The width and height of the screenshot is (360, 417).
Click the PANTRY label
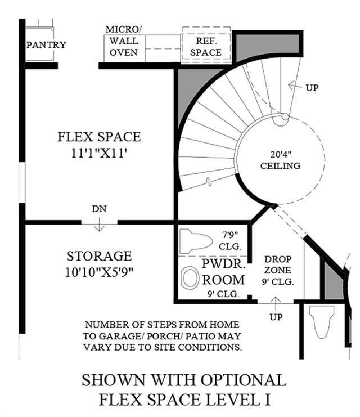point(46,45)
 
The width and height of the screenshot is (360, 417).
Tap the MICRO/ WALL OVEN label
point(124,41)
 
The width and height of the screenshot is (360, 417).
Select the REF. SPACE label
point(206,47)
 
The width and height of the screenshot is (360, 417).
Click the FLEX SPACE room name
point(99,137)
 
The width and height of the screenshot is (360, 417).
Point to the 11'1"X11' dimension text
point(98,153)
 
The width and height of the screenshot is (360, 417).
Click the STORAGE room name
point(99,256)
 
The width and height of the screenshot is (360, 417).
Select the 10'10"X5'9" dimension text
point(99,272)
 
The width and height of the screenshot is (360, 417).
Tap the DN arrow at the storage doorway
point(99,225)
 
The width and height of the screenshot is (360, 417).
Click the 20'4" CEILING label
point(281,160)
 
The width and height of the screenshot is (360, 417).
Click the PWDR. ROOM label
point(223,272)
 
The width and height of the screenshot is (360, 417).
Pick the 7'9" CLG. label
point(230,241)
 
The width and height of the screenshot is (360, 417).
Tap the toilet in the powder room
point(196,241)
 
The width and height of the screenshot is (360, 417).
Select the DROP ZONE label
point(278,264)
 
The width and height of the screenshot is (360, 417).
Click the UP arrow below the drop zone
point(276,303)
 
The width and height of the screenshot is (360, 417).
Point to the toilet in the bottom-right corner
point(322,322)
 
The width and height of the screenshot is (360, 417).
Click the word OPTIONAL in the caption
point(244,380)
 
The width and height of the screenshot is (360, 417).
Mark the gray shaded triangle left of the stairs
point(186,91)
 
